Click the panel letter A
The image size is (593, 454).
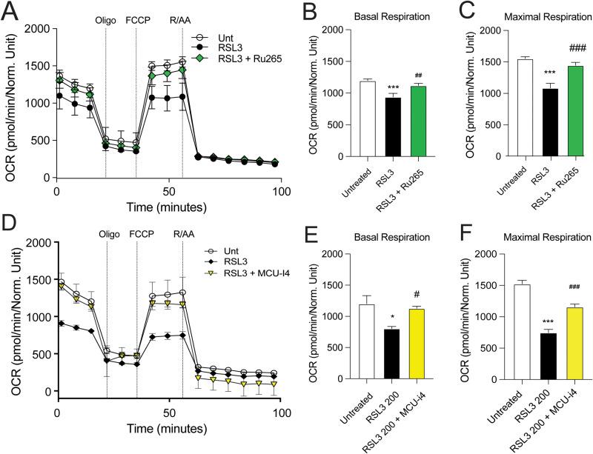click(x=10, y=10)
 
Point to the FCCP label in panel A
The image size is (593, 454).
click(x=138, y=21)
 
